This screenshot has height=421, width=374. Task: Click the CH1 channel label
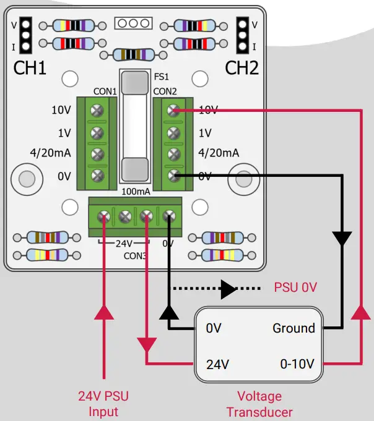[30, 67]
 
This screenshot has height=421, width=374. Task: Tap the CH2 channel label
[241, 67]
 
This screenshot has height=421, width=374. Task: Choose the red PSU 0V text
[295, 288]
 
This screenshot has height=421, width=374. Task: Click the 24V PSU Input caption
[103, 403]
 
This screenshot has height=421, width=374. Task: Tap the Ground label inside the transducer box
[294, 328]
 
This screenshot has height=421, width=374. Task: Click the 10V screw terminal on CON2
[174, 110]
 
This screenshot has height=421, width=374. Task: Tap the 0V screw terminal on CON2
[174, 176]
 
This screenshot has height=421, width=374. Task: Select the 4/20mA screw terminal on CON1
[97, 154]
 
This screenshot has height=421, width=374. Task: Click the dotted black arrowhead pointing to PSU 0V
[228, 288]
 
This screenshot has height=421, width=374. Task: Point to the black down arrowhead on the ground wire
[342, 237]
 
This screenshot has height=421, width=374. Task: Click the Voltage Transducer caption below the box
[259, 404]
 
